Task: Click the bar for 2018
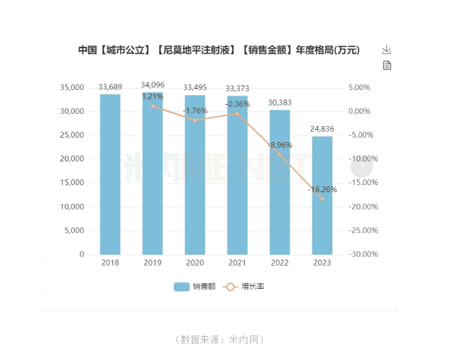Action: (x=110, y=174)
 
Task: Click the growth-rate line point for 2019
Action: (x=152, y=106)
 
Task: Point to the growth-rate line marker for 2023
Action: (x=322, y=199)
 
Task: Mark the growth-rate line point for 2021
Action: (x=237, y=113)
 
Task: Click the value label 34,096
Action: (x=152, y=85)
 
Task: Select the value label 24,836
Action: (x=322, y=129)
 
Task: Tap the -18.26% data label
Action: (x=322, y=190)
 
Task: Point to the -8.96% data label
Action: (x=280, y=145)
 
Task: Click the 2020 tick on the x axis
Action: (x=195, y=263)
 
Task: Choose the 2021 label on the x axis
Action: (x=237, y=263)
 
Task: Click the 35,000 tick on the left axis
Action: (x=71, y=87)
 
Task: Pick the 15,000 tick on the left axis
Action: (x=71, y=183)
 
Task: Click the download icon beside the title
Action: (x=386, y=50)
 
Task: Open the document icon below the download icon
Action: (x=387, y=66)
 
